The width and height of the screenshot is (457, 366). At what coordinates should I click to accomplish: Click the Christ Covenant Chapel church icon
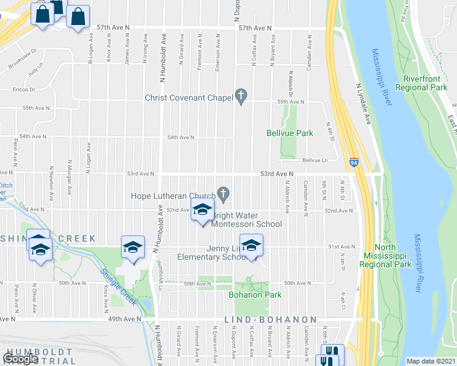coord(241,97)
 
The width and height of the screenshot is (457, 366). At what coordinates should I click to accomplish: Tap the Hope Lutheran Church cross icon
coord(224,195)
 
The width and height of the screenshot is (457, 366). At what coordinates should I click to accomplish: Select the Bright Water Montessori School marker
coord(202,211)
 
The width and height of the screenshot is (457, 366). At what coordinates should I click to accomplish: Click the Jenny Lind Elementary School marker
coord(250,246)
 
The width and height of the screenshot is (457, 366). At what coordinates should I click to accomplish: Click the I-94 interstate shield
coord(354,163)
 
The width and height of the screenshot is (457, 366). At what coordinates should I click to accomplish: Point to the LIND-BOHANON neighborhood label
coord(271,320)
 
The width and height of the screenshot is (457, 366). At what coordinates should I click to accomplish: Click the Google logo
coord(21,359)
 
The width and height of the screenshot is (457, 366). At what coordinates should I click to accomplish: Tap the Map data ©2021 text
coord(431,361)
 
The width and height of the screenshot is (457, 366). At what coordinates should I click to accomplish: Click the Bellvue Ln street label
coord(315,160)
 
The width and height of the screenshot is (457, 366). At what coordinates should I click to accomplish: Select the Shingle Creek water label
coord(119,289)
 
